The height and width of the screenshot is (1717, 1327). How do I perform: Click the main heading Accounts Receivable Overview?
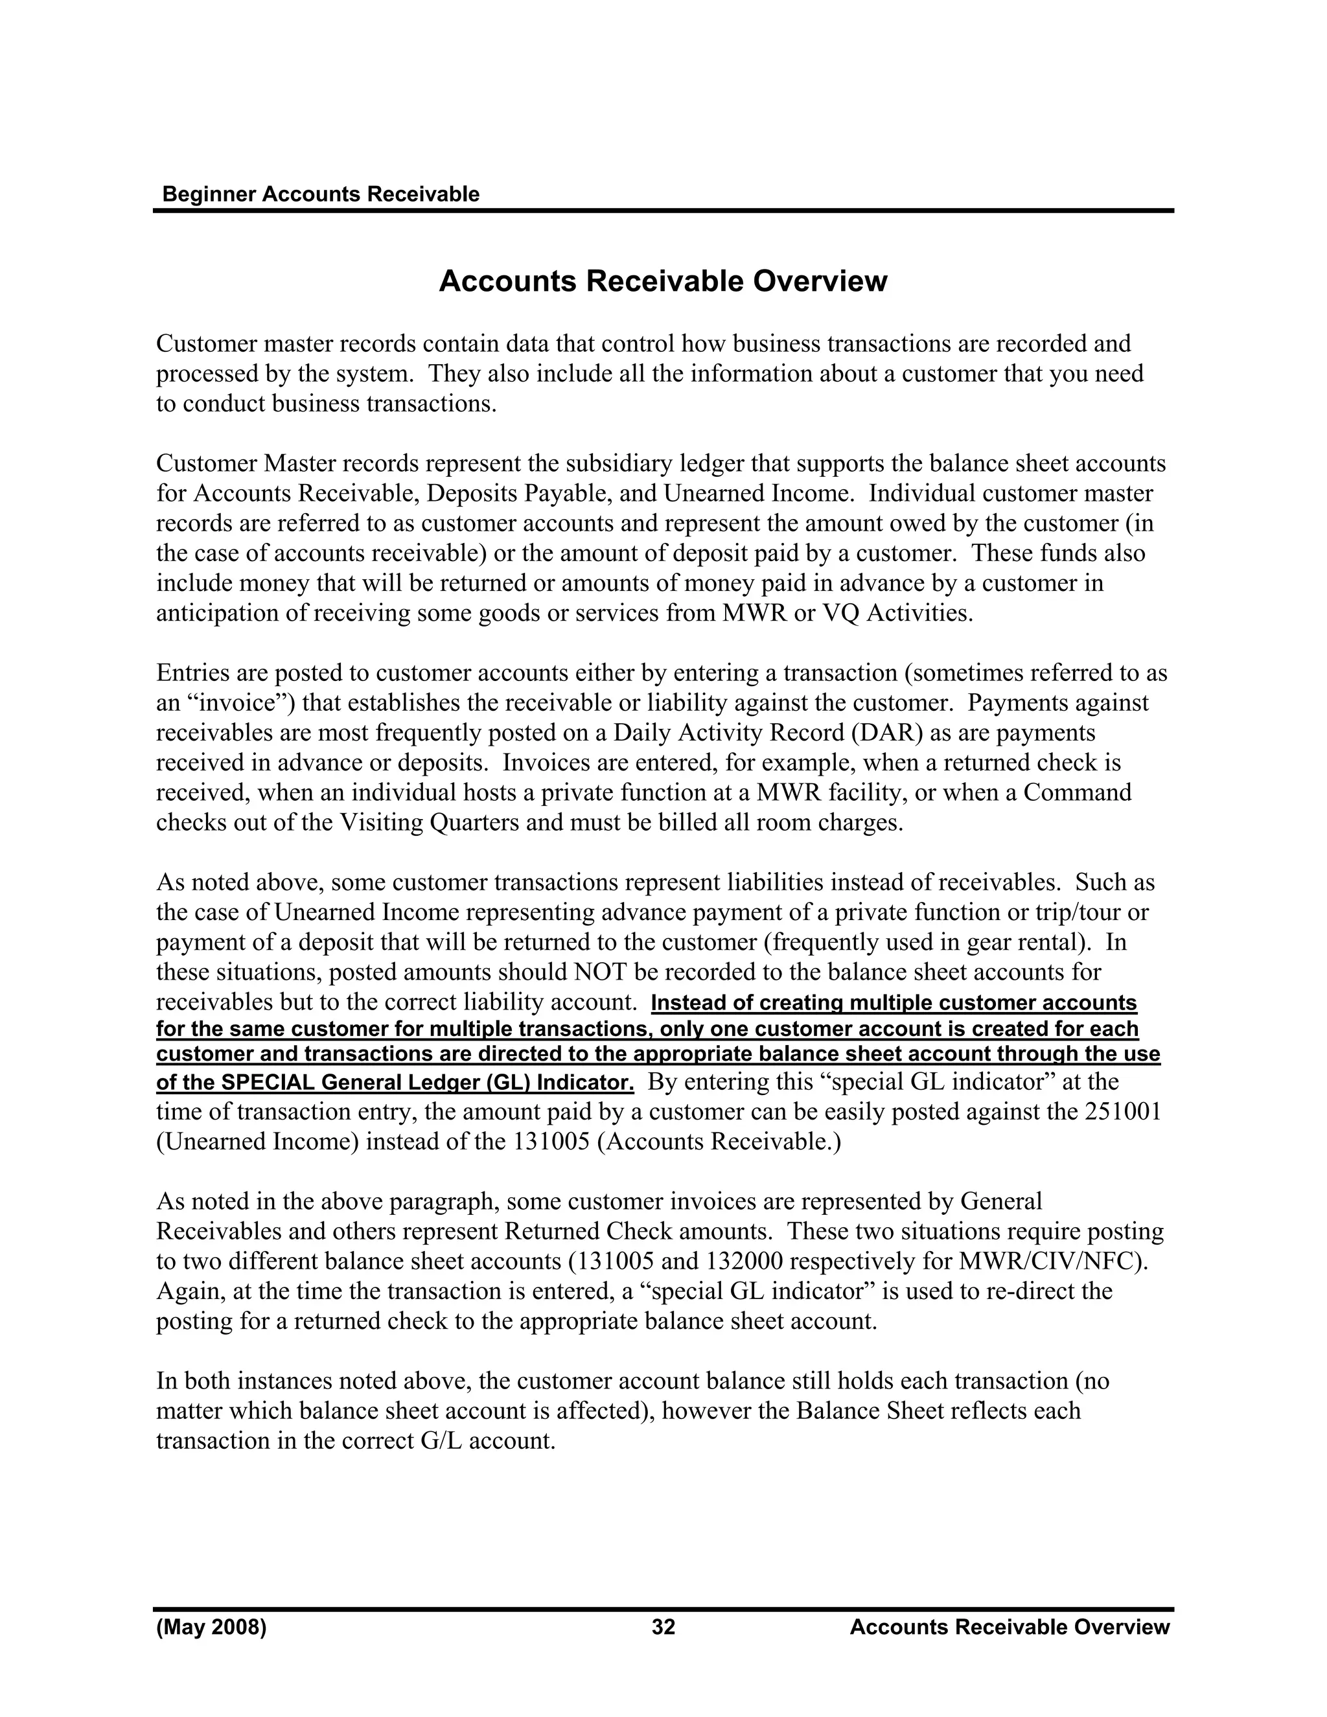663,281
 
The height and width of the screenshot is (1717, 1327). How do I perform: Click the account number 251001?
1125,1112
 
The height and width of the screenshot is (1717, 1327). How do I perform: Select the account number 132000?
741,1262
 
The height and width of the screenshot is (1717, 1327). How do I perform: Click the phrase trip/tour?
1079,913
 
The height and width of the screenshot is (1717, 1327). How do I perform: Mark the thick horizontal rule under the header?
663,211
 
